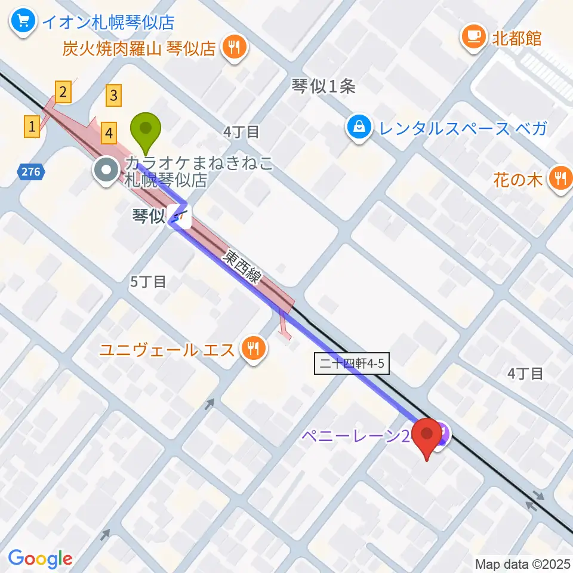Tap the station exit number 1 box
tap(32, 126)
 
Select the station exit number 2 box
tap(63, 91)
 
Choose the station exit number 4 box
tap(108, 132)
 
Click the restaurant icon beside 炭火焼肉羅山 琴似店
tap(233, 47)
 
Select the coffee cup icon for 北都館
tap(475, 38)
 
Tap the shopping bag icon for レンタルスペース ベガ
tap(359, 127)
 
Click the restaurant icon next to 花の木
tap(560, 178)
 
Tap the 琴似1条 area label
tap(324, 87)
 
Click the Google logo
tap(40, 559)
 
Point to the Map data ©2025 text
tap(522, 563)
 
